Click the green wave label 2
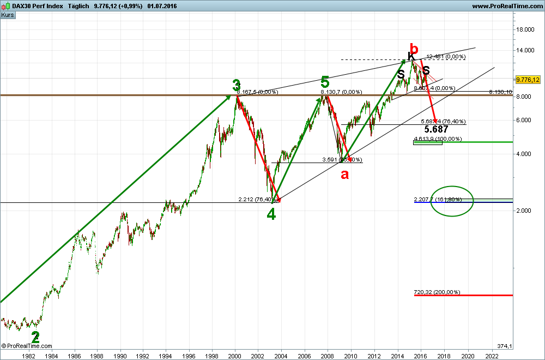35,337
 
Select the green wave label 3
236,86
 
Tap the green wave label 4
271,214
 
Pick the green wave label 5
325,82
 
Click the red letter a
344,175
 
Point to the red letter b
414,47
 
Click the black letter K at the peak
411,56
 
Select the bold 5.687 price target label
436,129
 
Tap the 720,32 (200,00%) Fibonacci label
437,292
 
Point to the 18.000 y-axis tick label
525,30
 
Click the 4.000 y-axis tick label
525,154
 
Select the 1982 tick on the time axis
28,355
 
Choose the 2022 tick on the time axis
492,355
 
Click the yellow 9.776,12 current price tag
528,80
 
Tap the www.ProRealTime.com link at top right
506,6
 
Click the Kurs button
8,15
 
